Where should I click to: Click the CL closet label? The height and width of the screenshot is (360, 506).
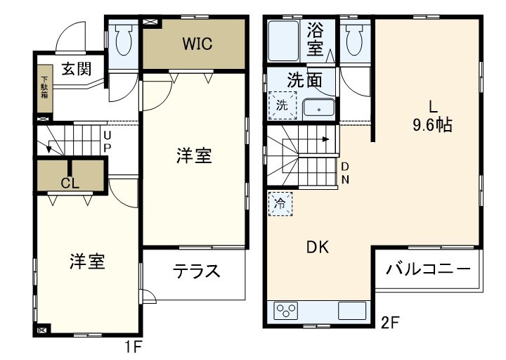click(x=69, y=184)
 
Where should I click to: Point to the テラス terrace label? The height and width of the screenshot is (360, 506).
click(x=197, y=271)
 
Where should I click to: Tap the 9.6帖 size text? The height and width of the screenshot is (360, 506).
click(x=432, y=126)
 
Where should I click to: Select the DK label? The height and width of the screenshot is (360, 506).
click(x=317, y=247)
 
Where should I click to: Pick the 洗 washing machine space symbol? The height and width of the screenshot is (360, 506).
click(x=281, y=107)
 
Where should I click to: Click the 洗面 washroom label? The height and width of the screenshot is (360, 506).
click(x=305, y=79)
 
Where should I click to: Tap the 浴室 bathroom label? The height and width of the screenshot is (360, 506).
click(x=316, y=39)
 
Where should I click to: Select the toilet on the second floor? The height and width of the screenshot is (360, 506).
click(x=355, y=41)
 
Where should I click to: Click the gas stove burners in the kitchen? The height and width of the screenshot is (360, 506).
click(x=287, y=309)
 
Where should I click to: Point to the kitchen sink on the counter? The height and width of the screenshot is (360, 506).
click(x=351, y=310)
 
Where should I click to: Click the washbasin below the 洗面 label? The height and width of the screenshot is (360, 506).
click(x=320, y=109)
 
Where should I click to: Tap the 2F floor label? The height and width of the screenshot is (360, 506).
click(x=390, y=324)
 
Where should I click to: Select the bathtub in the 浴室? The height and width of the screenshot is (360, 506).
click(x=285, y=40)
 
